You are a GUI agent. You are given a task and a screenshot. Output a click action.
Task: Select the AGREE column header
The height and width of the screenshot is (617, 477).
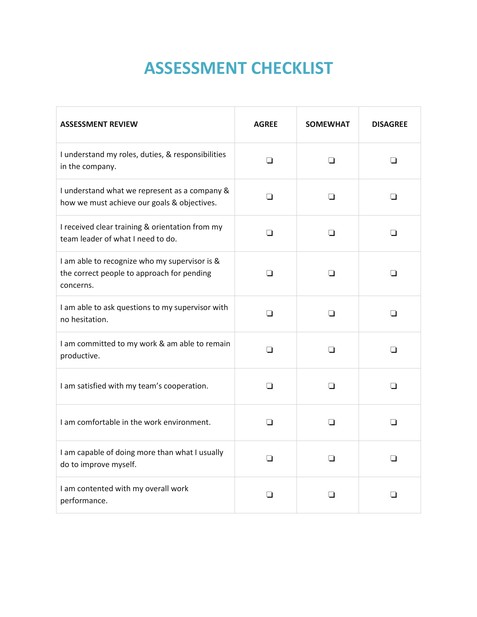pyautogui.click(x=265, y=124)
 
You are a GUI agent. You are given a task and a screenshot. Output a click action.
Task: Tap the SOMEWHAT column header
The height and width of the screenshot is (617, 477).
pyautogui.click(x=328, y=124)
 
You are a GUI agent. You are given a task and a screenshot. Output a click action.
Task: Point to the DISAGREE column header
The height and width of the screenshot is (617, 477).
pyautogui.click(x=389, y=124)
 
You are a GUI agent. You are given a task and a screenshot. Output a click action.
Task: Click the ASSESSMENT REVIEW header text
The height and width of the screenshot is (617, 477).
pyautogui.click(x=99, y=124)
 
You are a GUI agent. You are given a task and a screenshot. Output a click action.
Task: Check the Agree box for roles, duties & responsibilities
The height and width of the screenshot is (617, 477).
pyautogui.click(x=269, y=160)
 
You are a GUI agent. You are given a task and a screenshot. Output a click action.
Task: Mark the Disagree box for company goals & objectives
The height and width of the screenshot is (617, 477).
pyautogui.click(x=393, y=197)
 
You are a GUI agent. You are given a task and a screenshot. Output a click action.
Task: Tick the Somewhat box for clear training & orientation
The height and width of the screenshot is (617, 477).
pyautogui.click(x=331, y=233)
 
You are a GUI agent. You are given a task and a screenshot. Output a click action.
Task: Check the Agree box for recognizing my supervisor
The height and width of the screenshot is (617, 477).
pyautogui.click(x=269, y=273)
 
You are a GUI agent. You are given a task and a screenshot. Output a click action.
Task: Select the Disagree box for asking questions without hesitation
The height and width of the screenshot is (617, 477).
pyautogui.click(x=393, y=313)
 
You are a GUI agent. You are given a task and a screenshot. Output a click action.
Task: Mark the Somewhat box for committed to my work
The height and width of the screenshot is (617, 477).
pyautogui.click(x=331, y=350)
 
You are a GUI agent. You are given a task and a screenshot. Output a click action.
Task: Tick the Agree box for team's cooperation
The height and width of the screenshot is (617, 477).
pyautogui.click(x=269, y=386)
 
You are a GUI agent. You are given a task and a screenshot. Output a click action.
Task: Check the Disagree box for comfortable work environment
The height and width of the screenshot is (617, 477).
pyautogui.click(x=393, y=422)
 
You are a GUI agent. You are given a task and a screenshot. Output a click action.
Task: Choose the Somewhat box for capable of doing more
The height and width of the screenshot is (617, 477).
pyautogui.click(x=331, y=458)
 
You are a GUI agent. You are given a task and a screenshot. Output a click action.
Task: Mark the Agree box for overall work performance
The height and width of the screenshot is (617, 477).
pyautogui.click(x=269, y=494)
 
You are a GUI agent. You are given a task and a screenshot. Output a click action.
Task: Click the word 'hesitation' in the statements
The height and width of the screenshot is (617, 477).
pyautogui.click(x=89, y=320)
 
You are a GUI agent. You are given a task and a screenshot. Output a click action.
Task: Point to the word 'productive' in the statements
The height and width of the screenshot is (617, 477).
pyautogui.click(x=79, y=356)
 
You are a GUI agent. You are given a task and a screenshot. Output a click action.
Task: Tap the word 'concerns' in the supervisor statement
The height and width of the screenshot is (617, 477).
pyautogui.click(x=76, y=285)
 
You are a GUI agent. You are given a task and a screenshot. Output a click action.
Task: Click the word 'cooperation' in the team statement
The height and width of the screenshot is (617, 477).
pyautogui.click(x=185, y=386)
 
